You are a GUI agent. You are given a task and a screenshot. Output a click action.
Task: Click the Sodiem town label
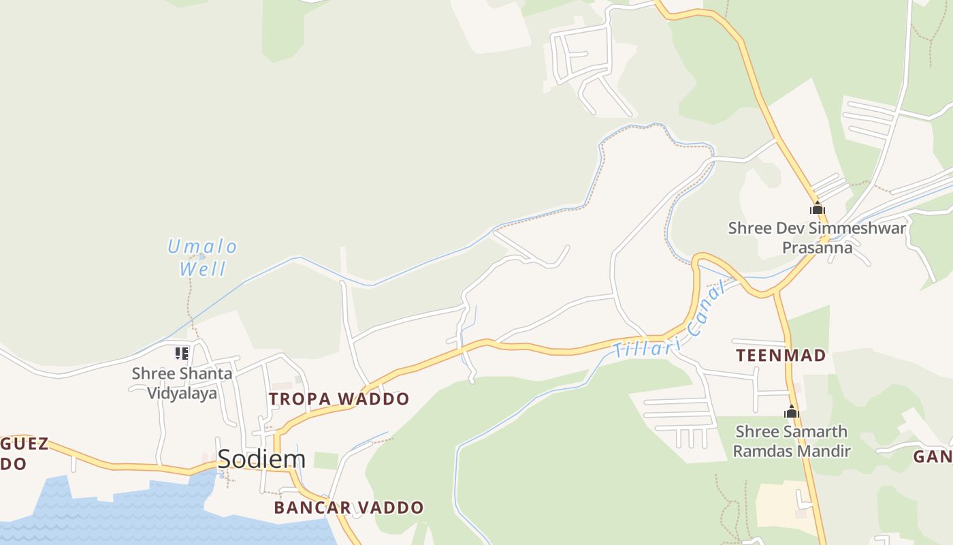[261, 459]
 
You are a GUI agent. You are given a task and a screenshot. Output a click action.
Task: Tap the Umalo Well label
[202, 257]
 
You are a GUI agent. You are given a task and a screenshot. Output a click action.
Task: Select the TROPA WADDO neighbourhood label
[339, 399]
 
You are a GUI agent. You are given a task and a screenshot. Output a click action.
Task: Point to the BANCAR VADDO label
[349, 508]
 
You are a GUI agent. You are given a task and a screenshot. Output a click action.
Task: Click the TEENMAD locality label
[781, 355]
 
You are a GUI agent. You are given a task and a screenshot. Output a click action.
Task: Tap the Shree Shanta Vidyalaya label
[182, 383]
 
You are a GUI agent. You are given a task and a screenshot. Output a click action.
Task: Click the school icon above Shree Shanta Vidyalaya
[181, 353]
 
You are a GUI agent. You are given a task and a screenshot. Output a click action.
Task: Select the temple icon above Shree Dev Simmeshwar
[817, 208]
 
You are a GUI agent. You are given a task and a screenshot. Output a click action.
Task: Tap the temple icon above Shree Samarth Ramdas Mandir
[791, 411]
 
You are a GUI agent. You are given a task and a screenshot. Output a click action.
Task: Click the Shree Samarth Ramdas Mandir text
[792, 441]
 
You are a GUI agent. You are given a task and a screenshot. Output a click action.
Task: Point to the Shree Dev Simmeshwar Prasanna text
[817, 237]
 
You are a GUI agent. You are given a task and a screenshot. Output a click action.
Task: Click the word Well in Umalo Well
[202, 268]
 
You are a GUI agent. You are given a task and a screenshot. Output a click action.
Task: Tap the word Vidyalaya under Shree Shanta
[182, 393]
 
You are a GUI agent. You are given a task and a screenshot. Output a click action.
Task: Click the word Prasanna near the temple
[817, 247]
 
